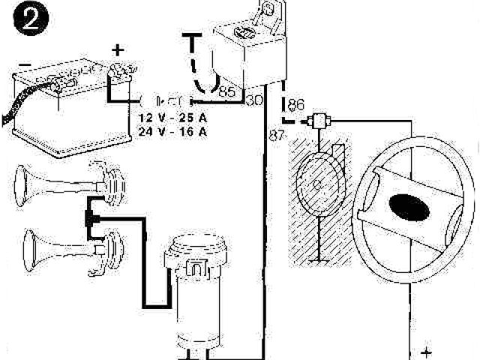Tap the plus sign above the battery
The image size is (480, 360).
pos(117,49)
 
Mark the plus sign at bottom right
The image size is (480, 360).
pos(427,350)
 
